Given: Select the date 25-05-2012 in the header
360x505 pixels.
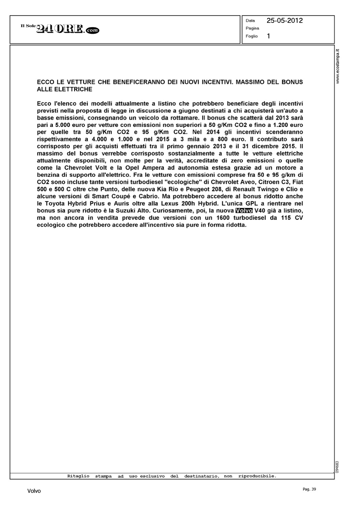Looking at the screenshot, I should point(285,21).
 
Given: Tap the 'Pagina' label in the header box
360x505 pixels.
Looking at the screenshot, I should point(252,28).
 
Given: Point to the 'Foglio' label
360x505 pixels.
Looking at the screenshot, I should point(252,36).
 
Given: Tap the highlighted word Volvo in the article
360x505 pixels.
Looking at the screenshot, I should point(244,211).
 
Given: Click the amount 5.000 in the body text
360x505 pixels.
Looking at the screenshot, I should point(60,125).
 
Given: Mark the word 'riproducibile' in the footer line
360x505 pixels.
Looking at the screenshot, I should point(257,476).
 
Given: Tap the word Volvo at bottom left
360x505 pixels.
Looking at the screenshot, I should point(34,491).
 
